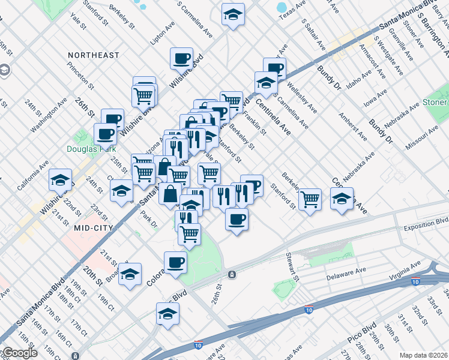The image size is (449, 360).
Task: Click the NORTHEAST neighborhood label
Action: coord(94,55)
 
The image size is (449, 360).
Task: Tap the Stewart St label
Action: coord(294,266)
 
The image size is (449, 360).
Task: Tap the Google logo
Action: coord(20,353)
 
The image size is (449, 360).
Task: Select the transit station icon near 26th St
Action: coord(232,274)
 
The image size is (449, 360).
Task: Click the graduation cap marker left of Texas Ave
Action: coord(233,14)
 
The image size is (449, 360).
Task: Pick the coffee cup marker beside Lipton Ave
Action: coord(181,58)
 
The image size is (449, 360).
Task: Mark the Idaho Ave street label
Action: coord(359,79)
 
